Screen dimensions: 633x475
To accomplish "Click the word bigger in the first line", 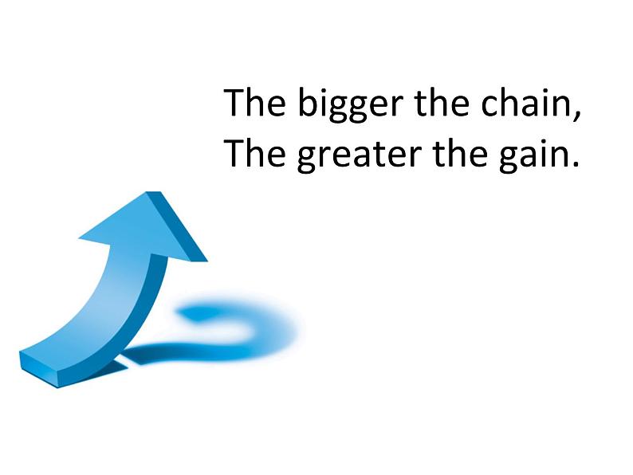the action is pos(351,104).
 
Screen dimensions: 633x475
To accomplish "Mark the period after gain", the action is pos(575,164).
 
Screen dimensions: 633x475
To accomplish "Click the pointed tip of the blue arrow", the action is pos(153,193).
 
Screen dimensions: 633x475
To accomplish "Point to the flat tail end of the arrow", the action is pos(38,369).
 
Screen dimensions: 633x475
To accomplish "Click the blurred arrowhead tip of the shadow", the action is pos(190,312).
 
